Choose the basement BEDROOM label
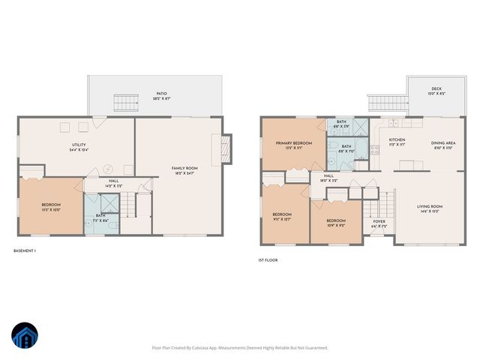pyautogui.click(x=51, y=205)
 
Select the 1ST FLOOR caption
pyautogui.click(x=268, y=260)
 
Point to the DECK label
pyautogui.click(x=436, y=89)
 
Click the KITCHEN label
pyautogui.click(x=397, y=141)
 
